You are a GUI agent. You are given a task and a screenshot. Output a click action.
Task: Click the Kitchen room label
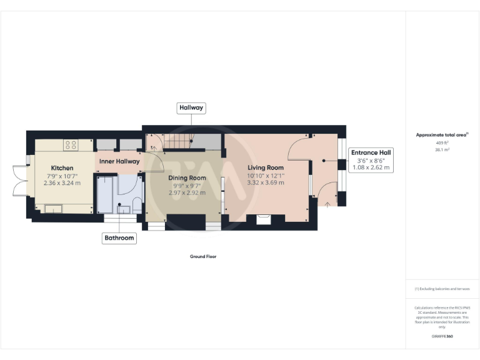tap(62, 168)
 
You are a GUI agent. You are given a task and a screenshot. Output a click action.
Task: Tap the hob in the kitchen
tap(70, 145)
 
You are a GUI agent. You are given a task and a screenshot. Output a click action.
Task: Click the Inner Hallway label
tap(119, 161)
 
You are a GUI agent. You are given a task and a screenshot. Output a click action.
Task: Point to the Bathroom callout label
tap(119, 237)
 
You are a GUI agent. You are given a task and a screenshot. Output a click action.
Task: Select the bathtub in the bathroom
tap(104, 195)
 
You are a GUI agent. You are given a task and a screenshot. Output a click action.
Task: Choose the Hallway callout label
tap(191, 107)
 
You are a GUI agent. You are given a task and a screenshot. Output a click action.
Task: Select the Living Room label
tap(266, 167)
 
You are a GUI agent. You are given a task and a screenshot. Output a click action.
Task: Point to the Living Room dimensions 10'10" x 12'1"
tap(266, 175)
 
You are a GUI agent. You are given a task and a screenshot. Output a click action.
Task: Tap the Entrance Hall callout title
tap(371, 152)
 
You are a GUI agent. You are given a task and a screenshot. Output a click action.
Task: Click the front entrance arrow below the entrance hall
tap(327, 204)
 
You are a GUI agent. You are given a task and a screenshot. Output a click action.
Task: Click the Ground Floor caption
tap(203, 256)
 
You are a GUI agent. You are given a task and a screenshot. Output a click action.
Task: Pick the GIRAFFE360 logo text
tap(442, 337)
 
